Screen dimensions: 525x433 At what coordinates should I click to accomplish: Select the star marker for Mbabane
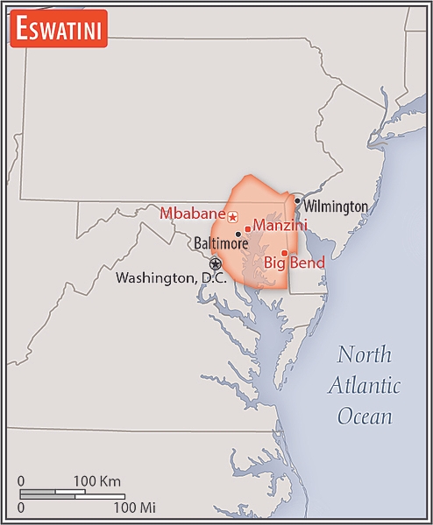(233, 215)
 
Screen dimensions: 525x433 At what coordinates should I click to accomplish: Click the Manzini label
(280, 225)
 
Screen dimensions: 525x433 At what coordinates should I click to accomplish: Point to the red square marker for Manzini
(248, 229)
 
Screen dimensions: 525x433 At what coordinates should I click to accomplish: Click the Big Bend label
(295, 262)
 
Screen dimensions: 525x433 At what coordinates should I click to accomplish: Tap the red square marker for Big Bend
(284, 252)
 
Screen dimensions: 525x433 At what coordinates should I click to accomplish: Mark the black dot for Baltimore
(238, 234)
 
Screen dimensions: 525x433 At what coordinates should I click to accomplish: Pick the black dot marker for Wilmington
(298, 200)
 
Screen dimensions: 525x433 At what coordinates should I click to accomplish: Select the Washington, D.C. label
(171, 278)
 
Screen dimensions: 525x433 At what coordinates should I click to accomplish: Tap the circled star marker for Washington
(216, 263)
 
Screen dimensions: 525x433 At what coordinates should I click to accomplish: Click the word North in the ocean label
(366, 355)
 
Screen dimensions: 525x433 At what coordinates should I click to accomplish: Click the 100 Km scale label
(96, 481)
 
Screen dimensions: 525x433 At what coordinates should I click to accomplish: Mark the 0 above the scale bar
(21, 481)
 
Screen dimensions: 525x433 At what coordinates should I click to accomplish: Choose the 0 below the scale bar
(21, 507)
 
